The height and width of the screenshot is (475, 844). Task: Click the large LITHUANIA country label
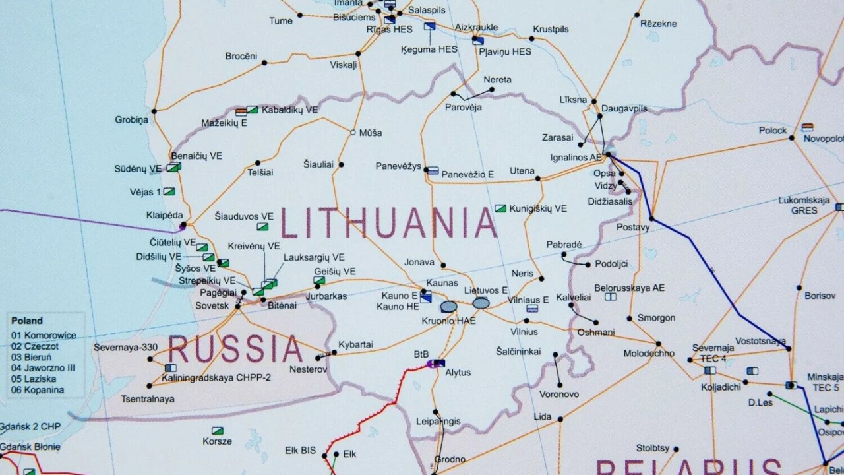389,223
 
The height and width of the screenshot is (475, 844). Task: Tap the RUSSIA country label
235,348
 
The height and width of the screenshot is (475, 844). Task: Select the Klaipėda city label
164,215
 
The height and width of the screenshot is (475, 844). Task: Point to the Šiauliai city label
318,164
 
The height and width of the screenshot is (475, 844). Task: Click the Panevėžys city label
398,166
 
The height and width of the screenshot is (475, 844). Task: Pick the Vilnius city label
524,331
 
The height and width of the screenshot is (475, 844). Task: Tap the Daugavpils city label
624,108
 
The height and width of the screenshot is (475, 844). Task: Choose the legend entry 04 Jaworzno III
44,368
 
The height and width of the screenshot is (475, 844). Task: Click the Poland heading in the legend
27,321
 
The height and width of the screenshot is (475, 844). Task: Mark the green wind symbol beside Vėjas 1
169,192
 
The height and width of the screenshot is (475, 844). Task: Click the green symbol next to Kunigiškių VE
500,208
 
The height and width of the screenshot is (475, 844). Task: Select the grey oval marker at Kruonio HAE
448,307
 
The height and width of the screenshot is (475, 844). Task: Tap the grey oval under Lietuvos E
481,303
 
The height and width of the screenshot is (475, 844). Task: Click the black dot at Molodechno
658,344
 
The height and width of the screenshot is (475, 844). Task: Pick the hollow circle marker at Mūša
353,133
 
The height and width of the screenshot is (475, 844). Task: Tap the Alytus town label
458,372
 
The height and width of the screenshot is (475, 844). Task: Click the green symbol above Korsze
217,431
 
